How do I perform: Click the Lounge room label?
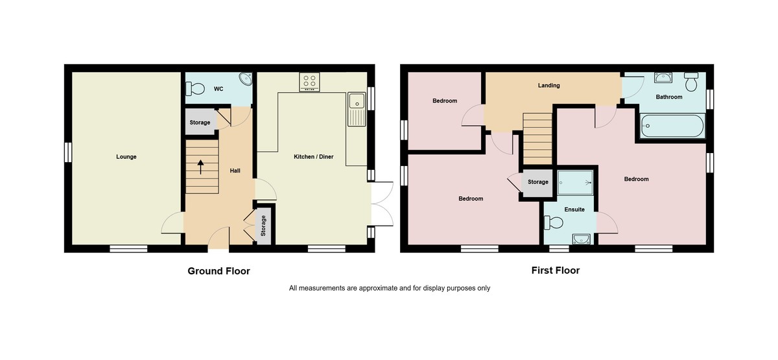click(x=126, y=157)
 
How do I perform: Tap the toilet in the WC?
click(x=196, y=89)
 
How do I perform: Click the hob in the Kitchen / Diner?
click(x=309, y=82)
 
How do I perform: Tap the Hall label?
click(x=235, y=171)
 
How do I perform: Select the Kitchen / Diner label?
click(x=314, y=157)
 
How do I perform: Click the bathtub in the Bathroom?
click(x=672, y=126)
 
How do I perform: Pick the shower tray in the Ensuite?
click(x=575, y=182)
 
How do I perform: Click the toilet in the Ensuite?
click(x=554, y=222)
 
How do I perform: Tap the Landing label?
click(x=548, y=86)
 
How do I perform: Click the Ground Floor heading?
click(x=218, y=271)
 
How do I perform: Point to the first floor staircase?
click(x=537, y=138)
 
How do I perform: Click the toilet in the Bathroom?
click(x=691, y=81)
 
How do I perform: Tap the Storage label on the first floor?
click(x=537, y=182)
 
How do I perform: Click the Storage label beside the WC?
click(x=200, y=123)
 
